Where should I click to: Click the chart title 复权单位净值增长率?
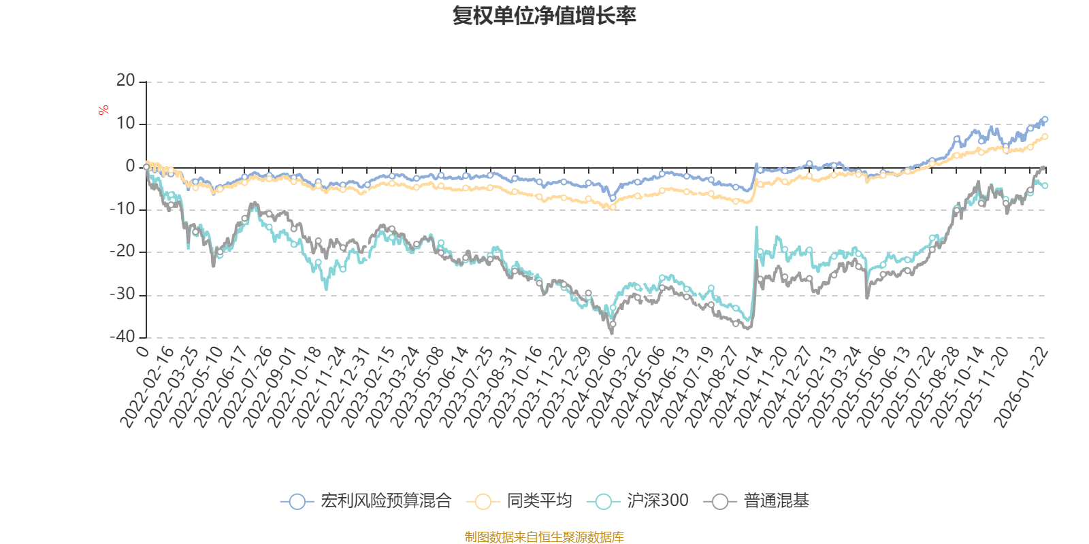click(544, 16)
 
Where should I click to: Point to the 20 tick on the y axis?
click(126, 81)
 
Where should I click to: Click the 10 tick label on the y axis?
click(126, 124)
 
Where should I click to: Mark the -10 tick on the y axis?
click(123, 209)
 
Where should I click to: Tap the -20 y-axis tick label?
click(123, 252)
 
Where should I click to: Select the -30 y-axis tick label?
click(123, 294)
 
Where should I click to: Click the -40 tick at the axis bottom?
click(123, 337)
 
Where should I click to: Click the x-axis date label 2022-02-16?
click(148, 388)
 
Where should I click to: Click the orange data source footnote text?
click(544, 537)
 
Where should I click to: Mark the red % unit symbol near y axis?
click(103, 110)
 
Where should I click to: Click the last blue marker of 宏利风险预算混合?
click(1045, 120)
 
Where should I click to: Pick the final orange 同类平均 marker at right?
click(1045, 137)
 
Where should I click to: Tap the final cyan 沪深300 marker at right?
click(1045, 186)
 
